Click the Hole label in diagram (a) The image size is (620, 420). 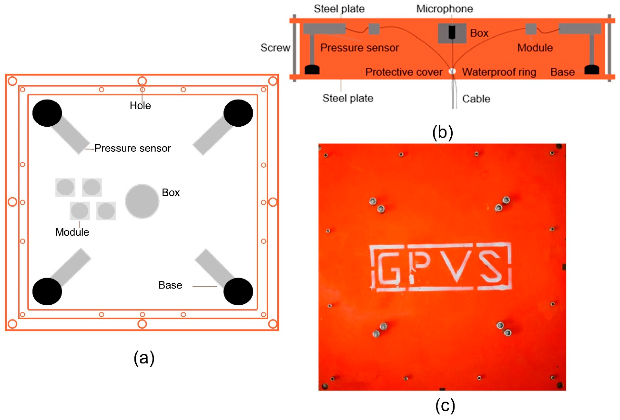pos(140,105)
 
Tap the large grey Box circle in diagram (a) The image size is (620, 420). pos(142,201)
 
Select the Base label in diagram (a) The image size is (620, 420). pos(170,285)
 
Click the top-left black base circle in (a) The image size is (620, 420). pos(47,113)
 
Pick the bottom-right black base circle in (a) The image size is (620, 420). pos(238,291)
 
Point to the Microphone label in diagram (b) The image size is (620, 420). pos(444,9)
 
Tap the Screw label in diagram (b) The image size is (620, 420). pos(275,48)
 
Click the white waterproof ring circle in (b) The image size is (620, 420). pos(452,71)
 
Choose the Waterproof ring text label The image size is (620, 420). pos(499,72)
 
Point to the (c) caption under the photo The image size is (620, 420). pos(445,406)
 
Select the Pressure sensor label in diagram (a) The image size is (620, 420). pos(132,148)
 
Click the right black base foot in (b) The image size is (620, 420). pos(592,70)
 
